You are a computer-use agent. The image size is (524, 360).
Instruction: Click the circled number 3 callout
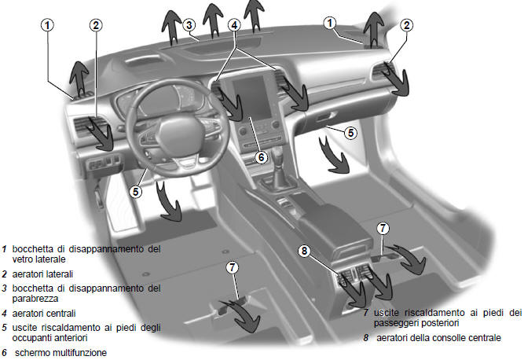coord(189,25)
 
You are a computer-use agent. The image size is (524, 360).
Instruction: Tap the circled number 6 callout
coord(262,157)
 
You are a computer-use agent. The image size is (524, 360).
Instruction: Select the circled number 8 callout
coord(304,251)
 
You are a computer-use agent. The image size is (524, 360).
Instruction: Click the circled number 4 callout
coord(235,25)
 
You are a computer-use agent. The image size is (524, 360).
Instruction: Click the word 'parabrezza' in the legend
coord(35,299)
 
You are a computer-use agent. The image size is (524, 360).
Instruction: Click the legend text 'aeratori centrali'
coord(44,314)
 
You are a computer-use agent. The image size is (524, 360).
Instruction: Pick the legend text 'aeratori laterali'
coord(42,274)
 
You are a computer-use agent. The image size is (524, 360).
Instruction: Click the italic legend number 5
coord(4,328)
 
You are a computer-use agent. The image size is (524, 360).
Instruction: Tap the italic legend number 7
coord(366,313)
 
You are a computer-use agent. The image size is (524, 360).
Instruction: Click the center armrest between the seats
coord(334,227)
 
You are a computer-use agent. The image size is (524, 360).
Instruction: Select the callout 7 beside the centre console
coord(383,229)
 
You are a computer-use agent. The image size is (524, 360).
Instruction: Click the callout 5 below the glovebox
coord(350,133)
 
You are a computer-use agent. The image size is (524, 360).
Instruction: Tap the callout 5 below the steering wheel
coord(136,192)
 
